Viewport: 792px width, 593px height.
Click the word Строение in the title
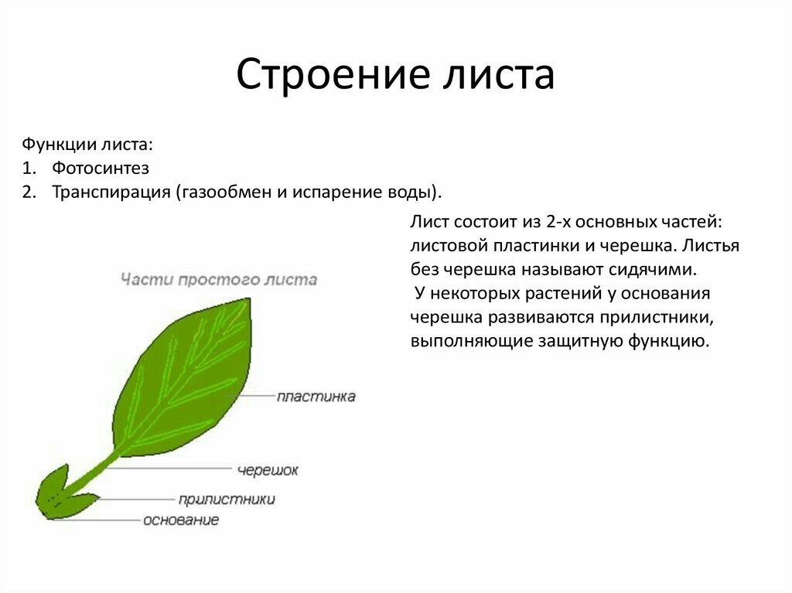tap(333, 75)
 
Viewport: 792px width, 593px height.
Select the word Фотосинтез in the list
tap(101, 168)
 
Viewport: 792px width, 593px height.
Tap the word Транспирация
tap(111, 193)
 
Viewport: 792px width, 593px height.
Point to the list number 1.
tap(29, 169)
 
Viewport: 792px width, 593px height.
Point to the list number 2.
tap(29, 193)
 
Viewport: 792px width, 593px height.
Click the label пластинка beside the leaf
tap(316, 397)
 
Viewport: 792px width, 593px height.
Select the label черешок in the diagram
tap(268, 470)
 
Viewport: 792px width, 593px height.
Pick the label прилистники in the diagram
tap(227, 499)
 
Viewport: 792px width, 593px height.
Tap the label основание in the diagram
tap(181, 520)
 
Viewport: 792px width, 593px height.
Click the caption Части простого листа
tap(219, 279)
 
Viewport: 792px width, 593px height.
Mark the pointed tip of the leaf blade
tap(249, 298)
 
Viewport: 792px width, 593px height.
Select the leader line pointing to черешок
tap(169, 469)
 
